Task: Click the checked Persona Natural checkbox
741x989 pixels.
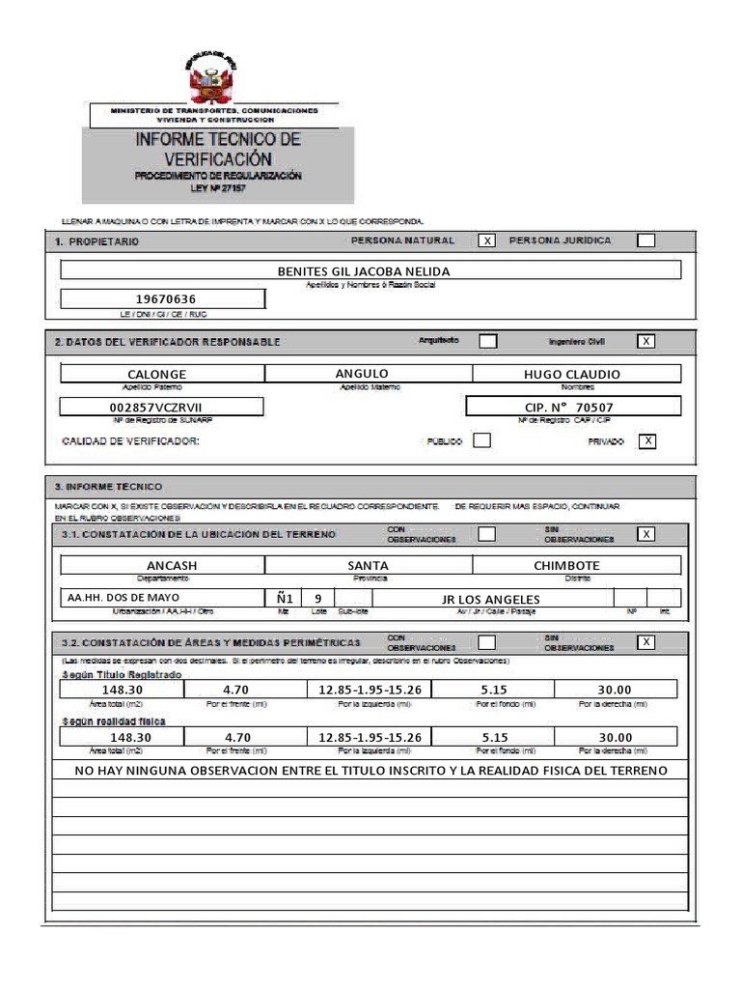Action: [x=487, y=240]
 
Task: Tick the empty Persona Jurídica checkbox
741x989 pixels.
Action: [x=645, y=240]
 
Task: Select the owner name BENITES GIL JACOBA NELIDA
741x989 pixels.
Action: [x=364, y=271]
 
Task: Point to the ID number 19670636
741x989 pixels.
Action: [x=162, y=299]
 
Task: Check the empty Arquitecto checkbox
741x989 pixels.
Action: [x=488, y=341]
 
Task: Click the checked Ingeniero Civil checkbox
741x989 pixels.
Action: [x=645, y=341]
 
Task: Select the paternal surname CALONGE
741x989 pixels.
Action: [x=157, y=374]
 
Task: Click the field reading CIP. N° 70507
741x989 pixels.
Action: [x=569, y=407]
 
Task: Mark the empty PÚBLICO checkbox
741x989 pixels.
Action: [x=481, y=440]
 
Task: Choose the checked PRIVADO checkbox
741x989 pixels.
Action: [x=648, y=440]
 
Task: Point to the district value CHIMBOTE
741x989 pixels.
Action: [x=566, y=565]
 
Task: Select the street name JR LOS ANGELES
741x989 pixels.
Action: [x=490, y=599]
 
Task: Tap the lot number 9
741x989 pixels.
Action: [x=317, y=598]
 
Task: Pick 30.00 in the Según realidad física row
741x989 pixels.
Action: [x=614, y=737]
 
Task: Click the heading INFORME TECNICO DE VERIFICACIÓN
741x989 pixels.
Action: [x=217, y=149]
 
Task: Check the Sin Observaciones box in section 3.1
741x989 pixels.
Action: [x=645, y=534]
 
